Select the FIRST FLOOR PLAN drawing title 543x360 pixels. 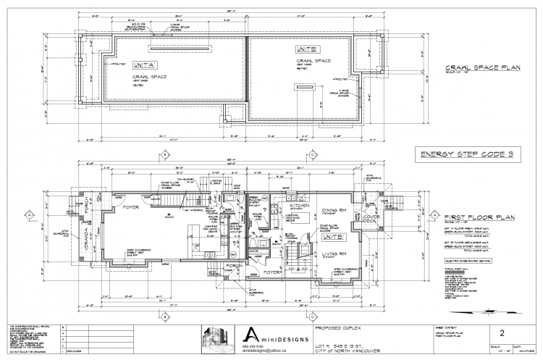click(x=469, y=217)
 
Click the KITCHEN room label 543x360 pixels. click(x=300, y=206)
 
